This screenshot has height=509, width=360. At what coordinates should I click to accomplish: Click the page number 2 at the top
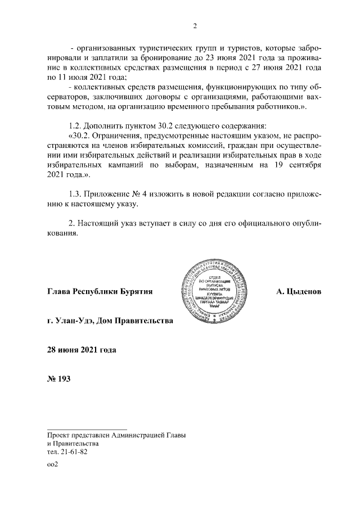(x=195, y=25)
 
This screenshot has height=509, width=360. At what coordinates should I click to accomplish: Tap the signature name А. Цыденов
(x=299, y=292)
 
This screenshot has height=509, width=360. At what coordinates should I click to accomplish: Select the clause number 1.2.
(x=75, y=124)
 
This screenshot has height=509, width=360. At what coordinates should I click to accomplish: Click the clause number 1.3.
(x=75, y=193)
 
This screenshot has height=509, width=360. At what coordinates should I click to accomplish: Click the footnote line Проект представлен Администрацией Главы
(x=116, y=435)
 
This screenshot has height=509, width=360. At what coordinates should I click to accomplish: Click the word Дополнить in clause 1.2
(x=106, y=124)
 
